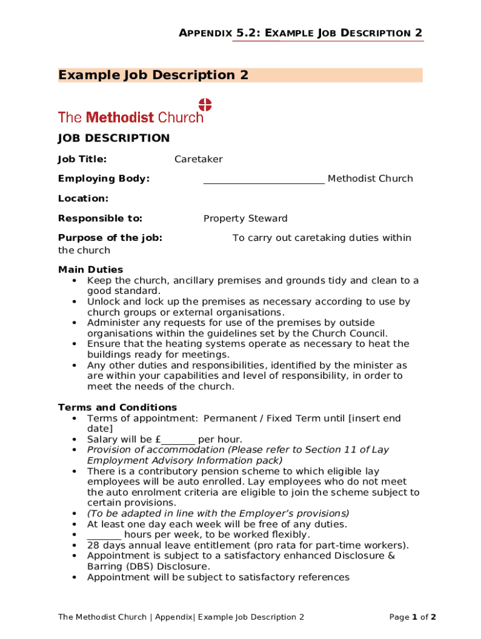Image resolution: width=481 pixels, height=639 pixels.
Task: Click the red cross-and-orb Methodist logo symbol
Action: tap(205, 105)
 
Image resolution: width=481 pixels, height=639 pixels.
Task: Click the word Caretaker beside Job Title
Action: tap(198, 159)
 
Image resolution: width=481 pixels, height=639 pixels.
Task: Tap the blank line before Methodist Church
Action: tap(264, 180)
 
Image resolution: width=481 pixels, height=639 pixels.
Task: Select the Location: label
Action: tap(83, 198)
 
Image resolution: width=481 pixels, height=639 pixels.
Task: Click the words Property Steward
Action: tap(245, 218)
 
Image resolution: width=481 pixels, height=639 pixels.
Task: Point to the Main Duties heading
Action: tap(91, 270)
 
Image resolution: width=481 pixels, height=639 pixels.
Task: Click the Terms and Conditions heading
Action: tap(117, 407)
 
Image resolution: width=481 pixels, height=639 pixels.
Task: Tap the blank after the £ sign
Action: tap(178, 440)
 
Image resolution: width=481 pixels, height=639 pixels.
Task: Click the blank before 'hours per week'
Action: tap(104, 535)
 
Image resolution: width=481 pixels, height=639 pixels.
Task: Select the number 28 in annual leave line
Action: tap(92, 545)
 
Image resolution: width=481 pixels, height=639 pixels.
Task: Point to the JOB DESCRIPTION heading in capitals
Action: tap(114, 138)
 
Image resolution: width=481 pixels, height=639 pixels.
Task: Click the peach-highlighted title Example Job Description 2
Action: tap(154, 76)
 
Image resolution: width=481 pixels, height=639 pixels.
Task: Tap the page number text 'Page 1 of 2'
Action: tap(412, 617)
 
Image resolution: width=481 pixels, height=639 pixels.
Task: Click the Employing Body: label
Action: tap(104, 178)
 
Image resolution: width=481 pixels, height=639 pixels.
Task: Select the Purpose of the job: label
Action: tap(110, 238)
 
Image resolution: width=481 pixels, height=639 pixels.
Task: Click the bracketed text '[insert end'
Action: tap(374, 418)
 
